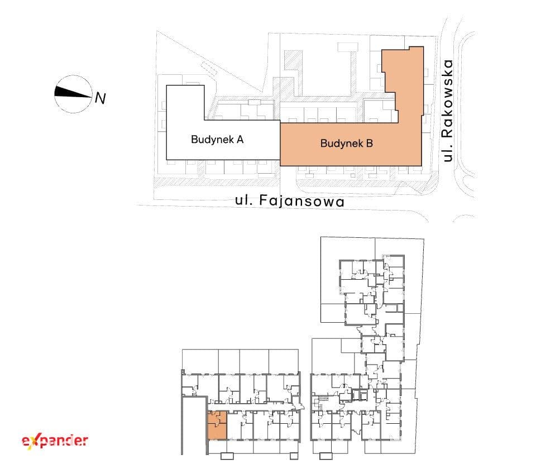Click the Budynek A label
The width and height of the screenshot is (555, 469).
(x=217, y=140)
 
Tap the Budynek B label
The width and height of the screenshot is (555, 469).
(x=347, y=143)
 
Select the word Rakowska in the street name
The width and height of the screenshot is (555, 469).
(x=448, y=99)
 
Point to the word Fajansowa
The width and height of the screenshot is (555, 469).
(x=302, y=200)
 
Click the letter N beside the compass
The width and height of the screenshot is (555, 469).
(x=100, y=98)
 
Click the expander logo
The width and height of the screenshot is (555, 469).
(x=55, y=441)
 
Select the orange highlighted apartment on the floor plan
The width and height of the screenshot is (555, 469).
(x=217, y=425)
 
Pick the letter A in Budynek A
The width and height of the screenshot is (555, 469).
(x=240, y=140)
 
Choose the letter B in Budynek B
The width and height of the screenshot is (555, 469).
(x=369, y=143)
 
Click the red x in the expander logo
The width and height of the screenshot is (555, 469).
(x=31, y=442)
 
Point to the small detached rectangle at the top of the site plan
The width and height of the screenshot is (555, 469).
(x=348, y=47)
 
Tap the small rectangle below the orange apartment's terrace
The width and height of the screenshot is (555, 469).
(x=227, y=456)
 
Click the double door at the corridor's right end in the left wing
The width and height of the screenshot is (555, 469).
(x=296, y=408)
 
